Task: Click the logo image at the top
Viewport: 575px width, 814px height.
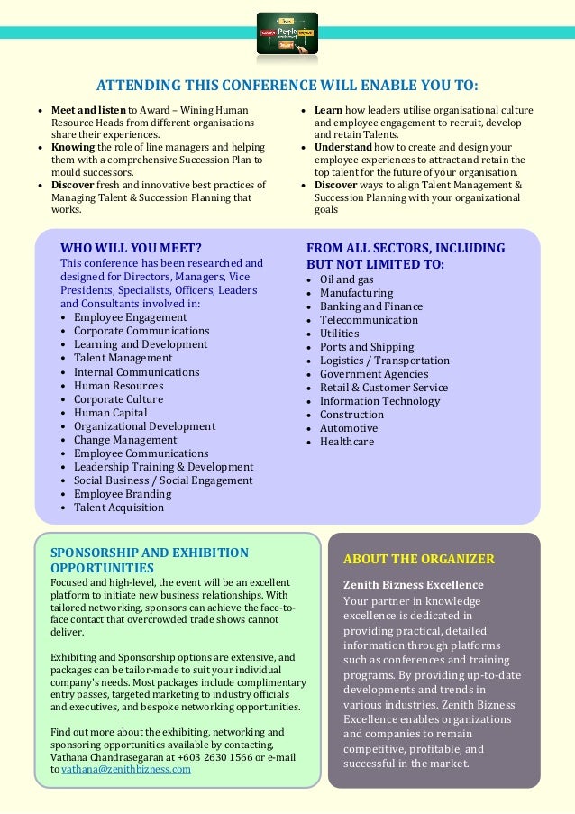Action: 287,32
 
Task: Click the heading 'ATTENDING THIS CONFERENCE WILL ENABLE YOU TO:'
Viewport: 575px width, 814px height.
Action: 287,87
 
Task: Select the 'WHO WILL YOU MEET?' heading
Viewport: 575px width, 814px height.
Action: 131,249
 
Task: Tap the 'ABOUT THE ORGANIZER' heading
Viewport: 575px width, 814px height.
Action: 419,559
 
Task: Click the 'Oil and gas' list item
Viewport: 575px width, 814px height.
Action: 346,279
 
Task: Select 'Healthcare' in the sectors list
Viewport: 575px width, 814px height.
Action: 346,442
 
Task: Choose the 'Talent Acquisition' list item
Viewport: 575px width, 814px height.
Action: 119,508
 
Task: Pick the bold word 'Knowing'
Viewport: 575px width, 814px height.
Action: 72,146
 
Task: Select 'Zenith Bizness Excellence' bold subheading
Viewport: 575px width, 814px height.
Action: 414,584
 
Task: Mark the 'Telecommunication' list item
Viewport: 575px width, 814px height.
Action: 369,320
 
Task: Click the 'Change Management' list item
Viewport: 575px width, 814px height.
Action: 125,440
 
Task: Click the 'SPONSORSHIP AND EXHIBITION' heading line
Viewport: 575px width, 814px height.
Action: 149,553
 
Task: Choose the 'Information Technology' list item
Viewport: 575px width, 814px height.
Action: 379,401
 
